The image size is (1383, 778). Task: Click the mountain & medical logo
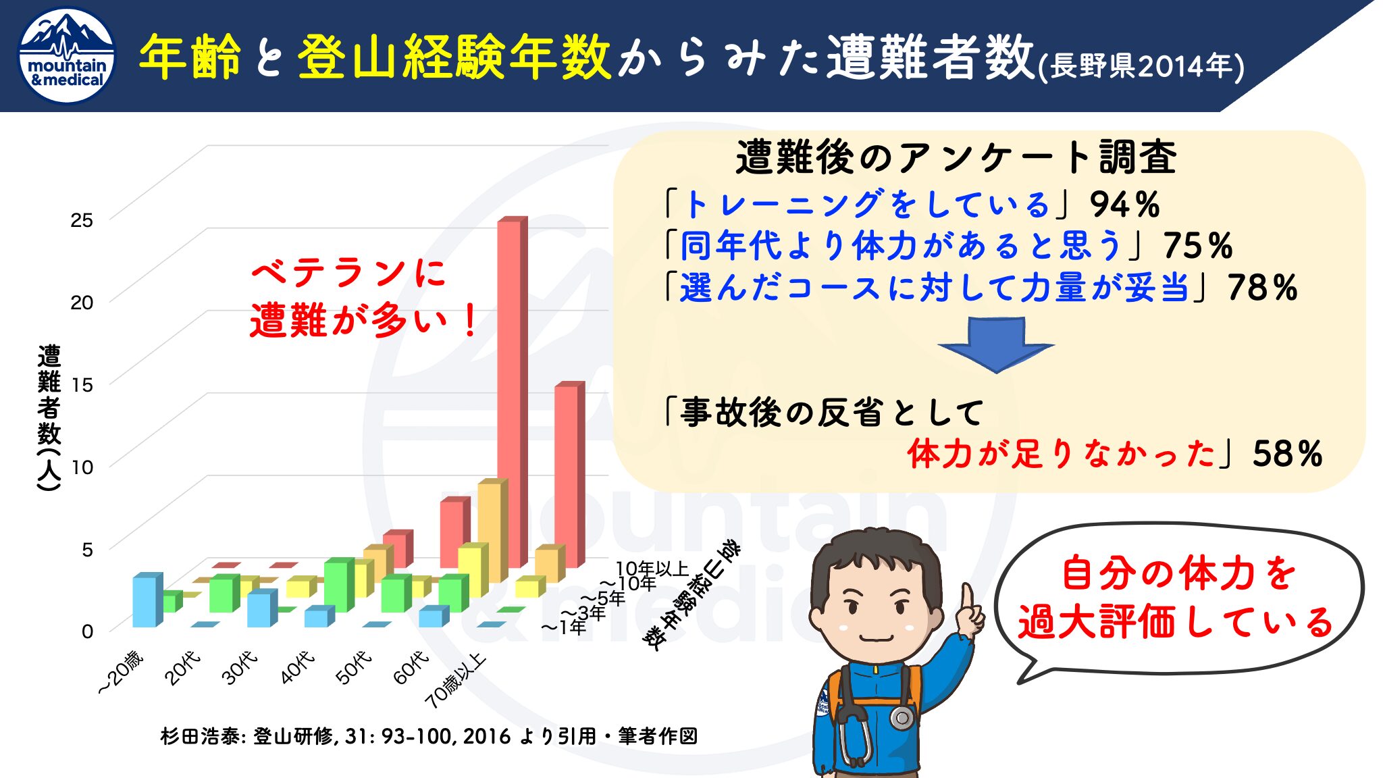click(x=67, y=56)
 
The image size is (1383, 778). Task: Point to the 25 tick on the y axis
click(x=82, y=220)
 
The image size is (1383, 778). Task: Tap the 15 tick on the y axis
click(x=82, y=385)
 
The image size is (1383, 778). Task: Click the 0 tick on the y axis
click(x=87, y=631)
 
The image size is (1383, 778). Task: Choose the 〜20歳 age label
click(x=122, y=672)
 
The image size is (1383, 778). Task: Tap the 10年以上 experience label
click(x=652, y=569)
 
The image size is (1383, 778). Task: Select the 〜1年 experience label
click(x=563, y=627)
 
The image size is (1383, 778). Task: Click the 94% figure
click(x=1124, y=205)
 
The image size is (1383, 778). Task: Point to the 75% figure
click(x=1198, y=246)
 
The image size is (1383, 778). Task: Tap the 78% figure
click(x=1262, y=288)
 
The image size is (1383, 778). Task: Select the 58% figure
click(x=1287, y=454)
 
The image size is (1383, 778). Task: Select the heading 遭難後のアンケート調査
click(x=956, y=157)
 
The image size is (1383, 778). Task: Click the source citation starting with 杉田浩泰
click(x=429, y=736)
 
